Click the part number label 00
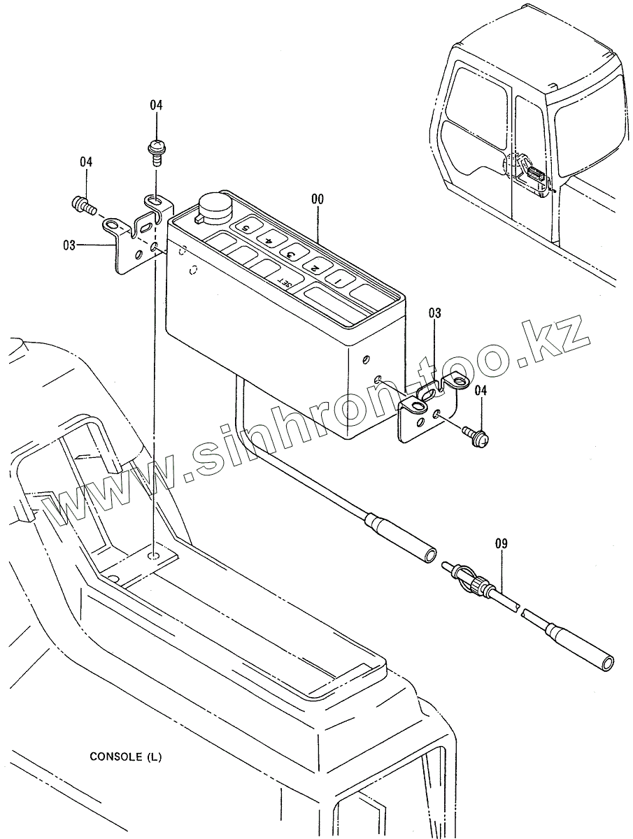coord(317,199)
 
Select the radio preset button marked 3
coord(290,254)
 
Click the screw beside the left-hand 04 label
coord(83,205)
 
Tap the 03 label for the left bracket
coord(69,245)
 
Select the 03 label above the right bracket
coord(435,314)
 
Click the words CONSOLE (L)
coord(125,756)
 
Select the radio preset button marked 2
coord(314,267)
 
